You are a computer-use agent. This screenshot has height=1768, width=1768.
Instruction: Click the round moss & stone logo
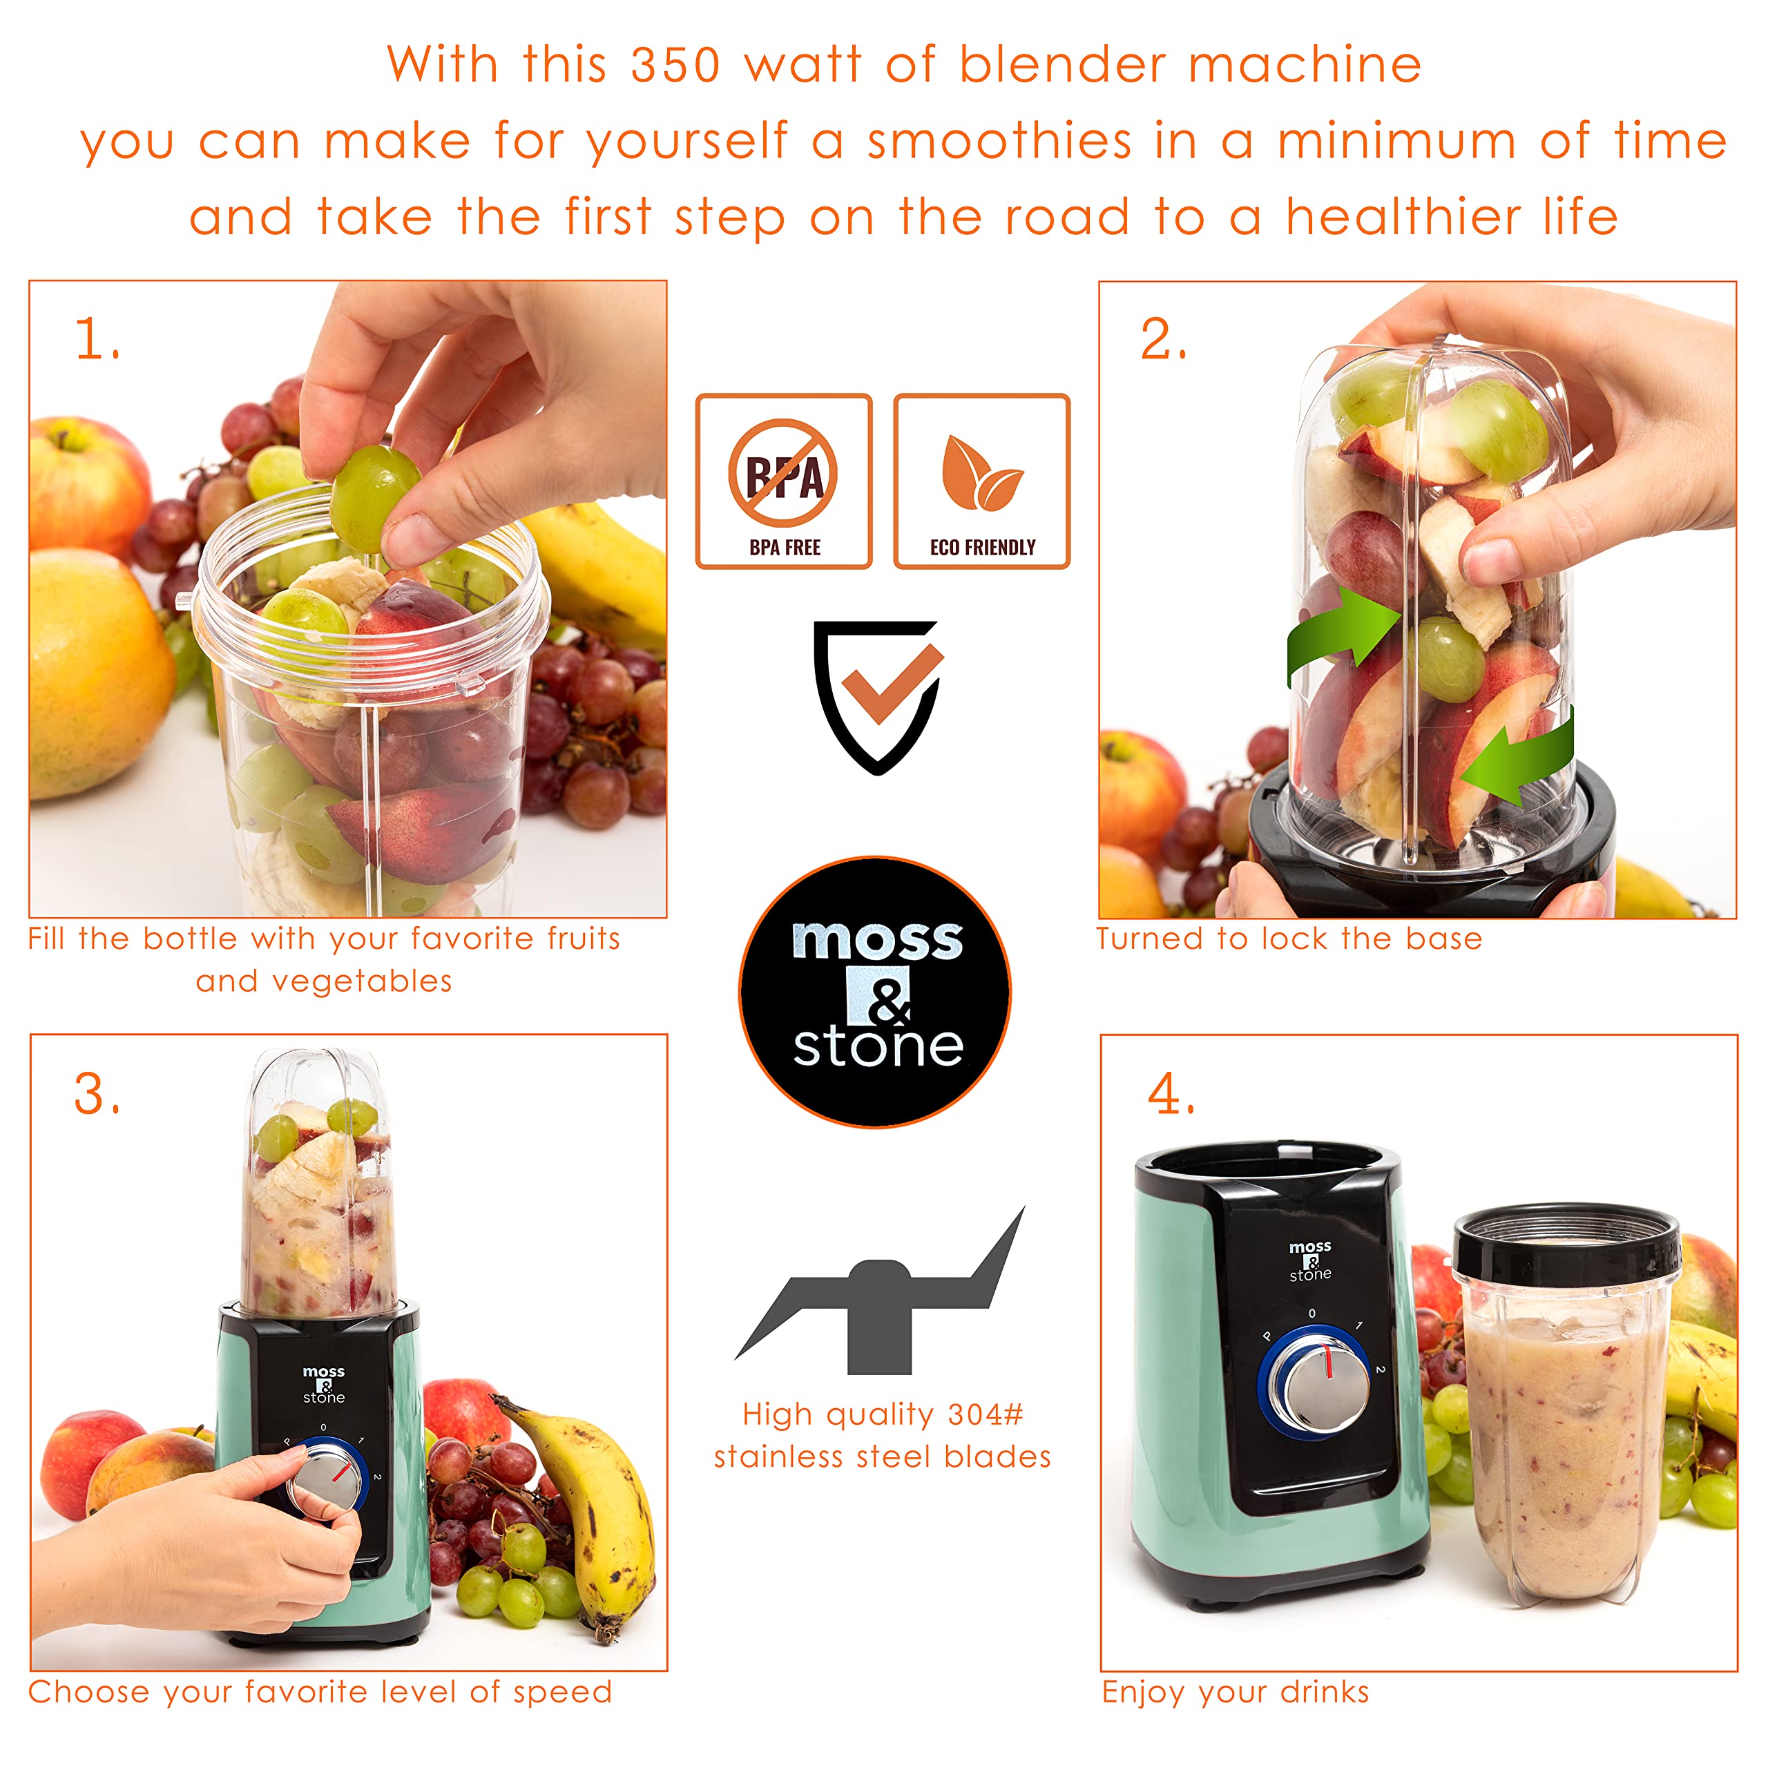coord(875,992)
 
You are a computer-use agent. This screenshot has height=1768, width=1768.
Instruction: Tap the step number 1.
coord(95,340)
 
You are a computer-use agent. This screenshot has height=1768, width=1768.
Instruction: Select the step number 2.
coord(1162,340)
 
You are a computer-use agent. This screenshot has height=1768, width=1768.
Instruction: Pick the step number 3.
coord(95,1095)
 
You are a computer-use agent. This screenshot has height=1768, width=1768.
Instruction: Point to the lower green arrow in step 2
coord(1519,756)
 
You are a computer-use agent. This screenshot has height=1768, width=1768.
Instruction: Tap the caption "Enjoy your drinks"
coord(1236,1692)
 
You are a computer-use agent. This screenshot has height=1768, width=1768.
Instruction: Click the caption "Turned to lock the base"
coord(1289,939)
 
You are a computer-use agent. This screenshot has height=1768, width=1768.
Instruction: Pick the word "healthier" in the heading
coord(1402,218)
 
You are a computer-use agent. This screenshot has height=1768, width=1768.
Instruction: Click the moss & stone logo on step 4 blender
coord(1310,1261)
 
